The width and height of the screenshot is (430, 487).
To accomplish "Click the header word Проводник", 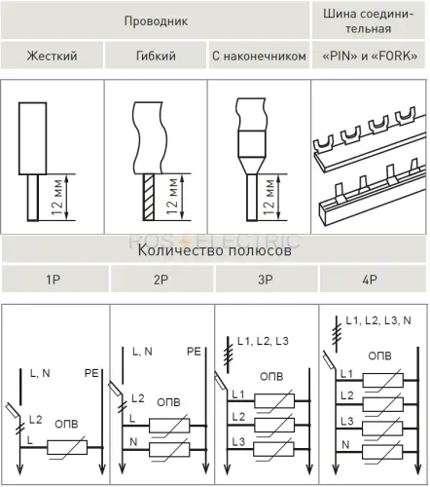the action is pyautogui.click(x=156, y=21).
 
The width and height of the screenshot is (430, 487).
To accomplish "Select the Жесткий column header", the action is pyautogui.click(x=52, y=56).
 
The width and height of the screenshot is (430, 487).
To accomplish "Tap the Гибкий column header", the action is pyautogui.click(x=156, y=56).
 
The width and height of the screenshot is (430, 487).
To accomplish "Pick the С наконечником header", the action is pyautogui.click(x=259, y=56).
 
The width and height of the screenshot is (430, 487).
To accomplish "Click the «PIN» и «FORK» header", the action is pyautogui.click(x=370, y=56).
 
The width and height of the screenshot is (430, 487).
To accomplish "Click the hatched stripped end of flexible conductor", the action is pyautogui.click(x=149, y=198).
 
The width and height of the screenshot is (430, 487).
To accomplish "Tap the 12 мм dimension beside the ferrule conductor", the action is pyautogui.click(x=269, y=197).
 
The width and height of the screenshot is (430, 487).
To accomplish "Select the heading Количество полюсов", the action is pyautogui.click(x=214, y=250).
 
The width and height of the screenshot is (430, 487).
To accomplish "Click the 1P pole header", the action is pyautogui.click(x=53, y=280).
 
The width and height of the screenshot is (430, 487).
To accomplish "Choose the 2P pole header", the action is pyautogui.click(x=161, y=280).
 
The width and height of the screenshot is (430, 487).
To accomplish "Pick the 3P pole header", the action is pyautogui.click(x=266, y=280).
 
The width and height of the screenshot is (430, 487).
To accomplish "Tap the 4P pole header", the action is pyautogui.click(x=370, y=280).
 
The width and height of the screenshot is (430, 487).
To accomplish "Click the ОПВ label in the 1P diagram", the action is pyautogui.click(x=66, y=424).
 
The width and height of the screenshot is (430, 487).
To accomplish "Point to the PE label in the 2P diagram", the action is pyautogui.click(x=194, y=352).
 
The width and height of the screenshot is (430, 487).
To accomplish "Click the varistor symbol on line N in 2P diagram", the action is pyautogui.click(x=169, y=450).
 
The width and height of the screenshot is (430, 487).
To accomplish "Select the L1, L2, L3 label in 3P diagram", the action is pyautogui.click(x=263, y=341).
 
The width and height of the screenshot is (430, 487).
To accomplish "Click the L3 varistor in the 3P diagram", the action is pyautogui.click(x=274, y=449).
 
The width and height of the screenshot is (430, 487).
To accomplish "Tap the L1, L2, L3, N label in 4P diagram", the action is pyautogui.click(x=378, y=320).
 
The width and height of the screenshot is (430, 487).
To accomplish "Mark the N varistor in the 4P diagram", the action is pyautogui.click(x=382, y=452).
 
